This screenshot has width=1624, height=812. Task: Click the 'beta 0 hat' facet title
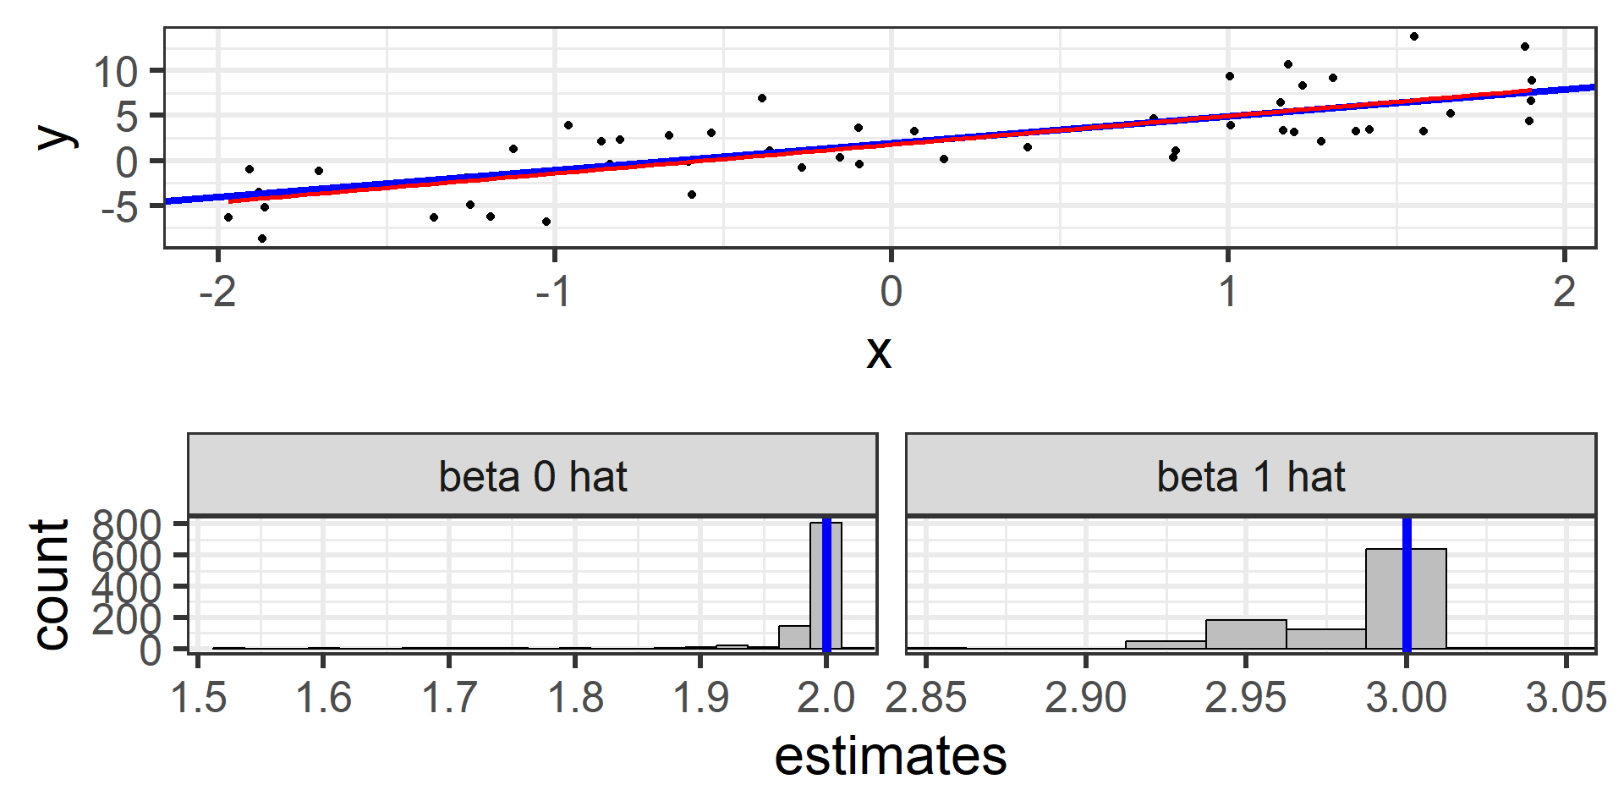(532, 477)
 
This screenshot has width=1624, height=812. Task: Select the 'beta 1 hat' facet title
(1250, 477)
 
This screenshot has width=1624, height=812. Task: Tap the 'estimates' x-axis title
(890, 756)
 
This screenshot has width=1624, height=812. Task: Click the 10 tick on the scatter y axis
(116, 73)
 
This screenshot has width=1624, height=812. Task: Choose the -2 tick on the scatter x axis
(217, 292)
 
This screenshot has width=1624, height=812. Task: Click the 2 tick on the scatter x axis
(1565, 292)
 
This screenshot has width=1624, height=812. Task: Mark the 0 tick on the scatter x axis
(891, 292)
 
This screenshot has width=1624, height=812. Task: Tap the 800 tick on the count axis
(126, 525)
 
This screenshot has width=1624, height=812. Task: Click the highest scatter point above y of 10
(1414, 36)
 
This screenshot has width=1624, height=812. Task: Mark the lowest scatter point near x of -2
(262, 239)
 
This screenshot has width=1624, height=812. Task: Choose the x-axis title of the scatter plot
(879, 352)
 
